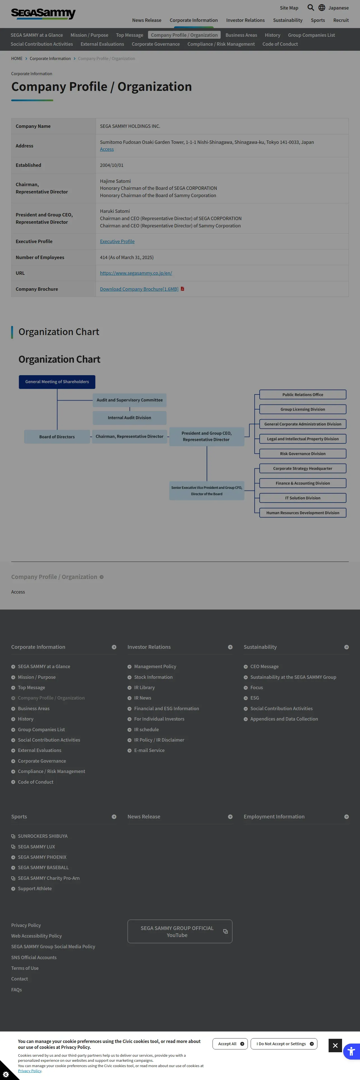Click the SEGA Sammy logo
(43, 13)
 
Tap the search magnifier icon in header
(311, 8)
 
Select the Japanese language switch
(334, 8)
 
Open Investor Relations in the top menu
(245, 20)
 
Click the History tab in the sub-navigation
(273, 35)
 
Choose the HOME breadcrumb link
(17, 59)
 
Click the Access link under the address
(107, 149)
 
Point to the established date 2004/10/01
(112, 165)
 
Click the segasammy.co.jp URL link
(136, 273)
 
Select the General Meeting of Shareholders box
(57, 382)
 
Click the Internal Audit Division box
(130, 417)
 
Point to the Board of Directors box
(57, 437)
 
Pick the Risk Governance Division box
(303, 454)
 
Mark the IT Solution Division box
(303, 498)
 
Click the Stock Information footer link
(153, 677)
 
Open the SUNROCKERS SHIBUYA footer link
(43, 836)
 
